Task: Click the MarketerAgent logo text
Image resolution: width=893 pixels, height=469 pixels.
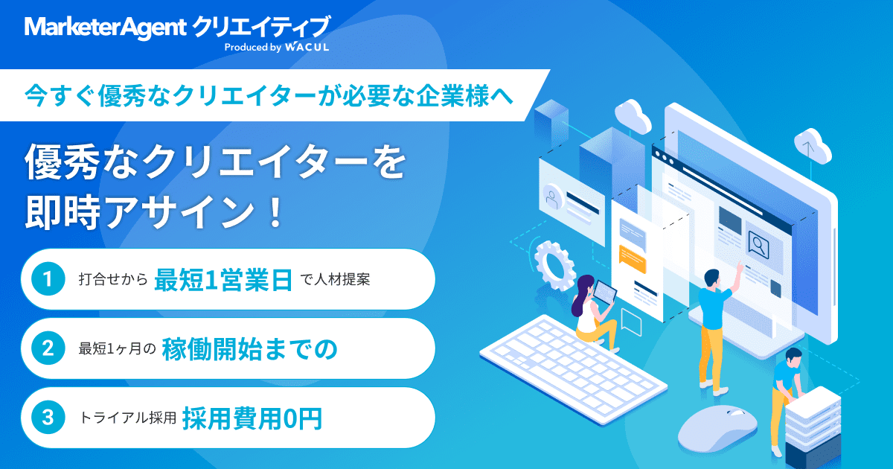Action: click(x=104, y=28)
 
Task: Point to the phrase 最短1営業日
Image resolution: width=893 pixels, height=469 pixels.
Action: click(x=223, y=280)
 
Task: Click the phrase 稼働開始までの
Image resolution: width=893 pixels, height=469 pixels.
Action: click(x=252, y=348)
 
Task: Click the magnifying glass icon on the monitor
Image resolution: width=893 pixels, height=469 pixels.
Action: click(x=758, y=243)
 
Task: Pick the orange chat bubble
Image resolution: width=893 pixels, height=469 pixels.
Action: click(x=632, y=258)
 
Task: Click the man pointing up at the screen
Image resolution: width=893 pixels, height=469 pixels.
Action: click(x=714, y=320)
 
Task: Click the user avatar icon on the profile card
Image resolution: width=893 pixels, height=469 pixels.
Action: click(x=551, y=198)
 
